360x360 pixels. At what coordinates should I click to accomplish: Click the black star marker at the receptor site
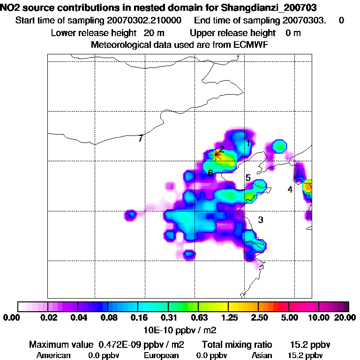pos(217,154)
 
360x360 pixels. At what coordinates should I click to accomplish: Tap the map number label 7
pos(140,138)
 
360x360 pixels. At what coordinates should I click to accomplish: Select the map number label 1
pos(247,142)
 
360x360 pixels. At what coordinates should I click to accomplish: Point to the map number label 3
pos(261,220)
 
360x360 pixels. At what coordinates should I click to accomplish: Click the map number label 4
pos(290,189)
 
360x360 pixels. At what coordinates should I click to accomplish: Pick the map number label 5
pos(248,178)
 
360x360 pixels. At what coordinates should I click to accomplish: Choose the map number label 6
pos(210,173)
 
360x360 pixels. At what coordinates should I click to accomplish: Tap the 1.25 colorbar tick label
pos(227,318)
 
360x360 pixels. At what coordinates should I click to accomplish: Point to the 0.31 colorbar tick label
pos(168,318)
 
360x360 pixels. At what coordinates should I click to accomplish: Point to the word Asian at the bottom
pos(262,355)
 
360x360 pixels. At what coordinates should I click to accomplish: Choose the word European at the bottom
pos(161,355)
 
